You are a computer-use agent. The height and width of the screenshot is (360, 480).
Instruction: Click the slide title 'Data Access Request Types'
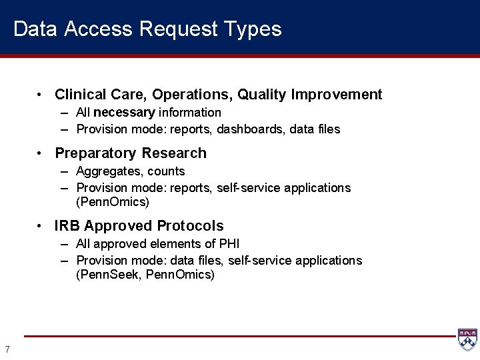(x=147, y=29)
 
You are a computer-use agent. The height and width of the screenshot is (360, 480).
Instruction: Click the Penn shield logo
(x=467, y=340)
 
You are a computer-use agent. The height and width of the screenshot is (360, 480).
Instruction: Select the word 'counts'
(x=166, y=172)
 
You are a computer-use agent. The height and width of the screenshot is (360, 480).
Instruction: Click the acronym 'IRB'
(x=67, y=226)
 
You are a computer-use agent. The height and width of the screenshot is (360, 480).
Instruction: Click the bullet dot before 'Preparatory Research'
(x=41, y=153)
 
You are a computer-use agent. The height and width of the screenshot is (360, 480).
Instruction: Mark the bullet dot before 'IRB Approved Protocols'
(x=41, y=226)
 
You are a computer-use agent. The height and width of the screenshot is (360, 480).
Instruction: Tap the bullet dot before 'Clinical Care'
(x=41, y=95)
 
